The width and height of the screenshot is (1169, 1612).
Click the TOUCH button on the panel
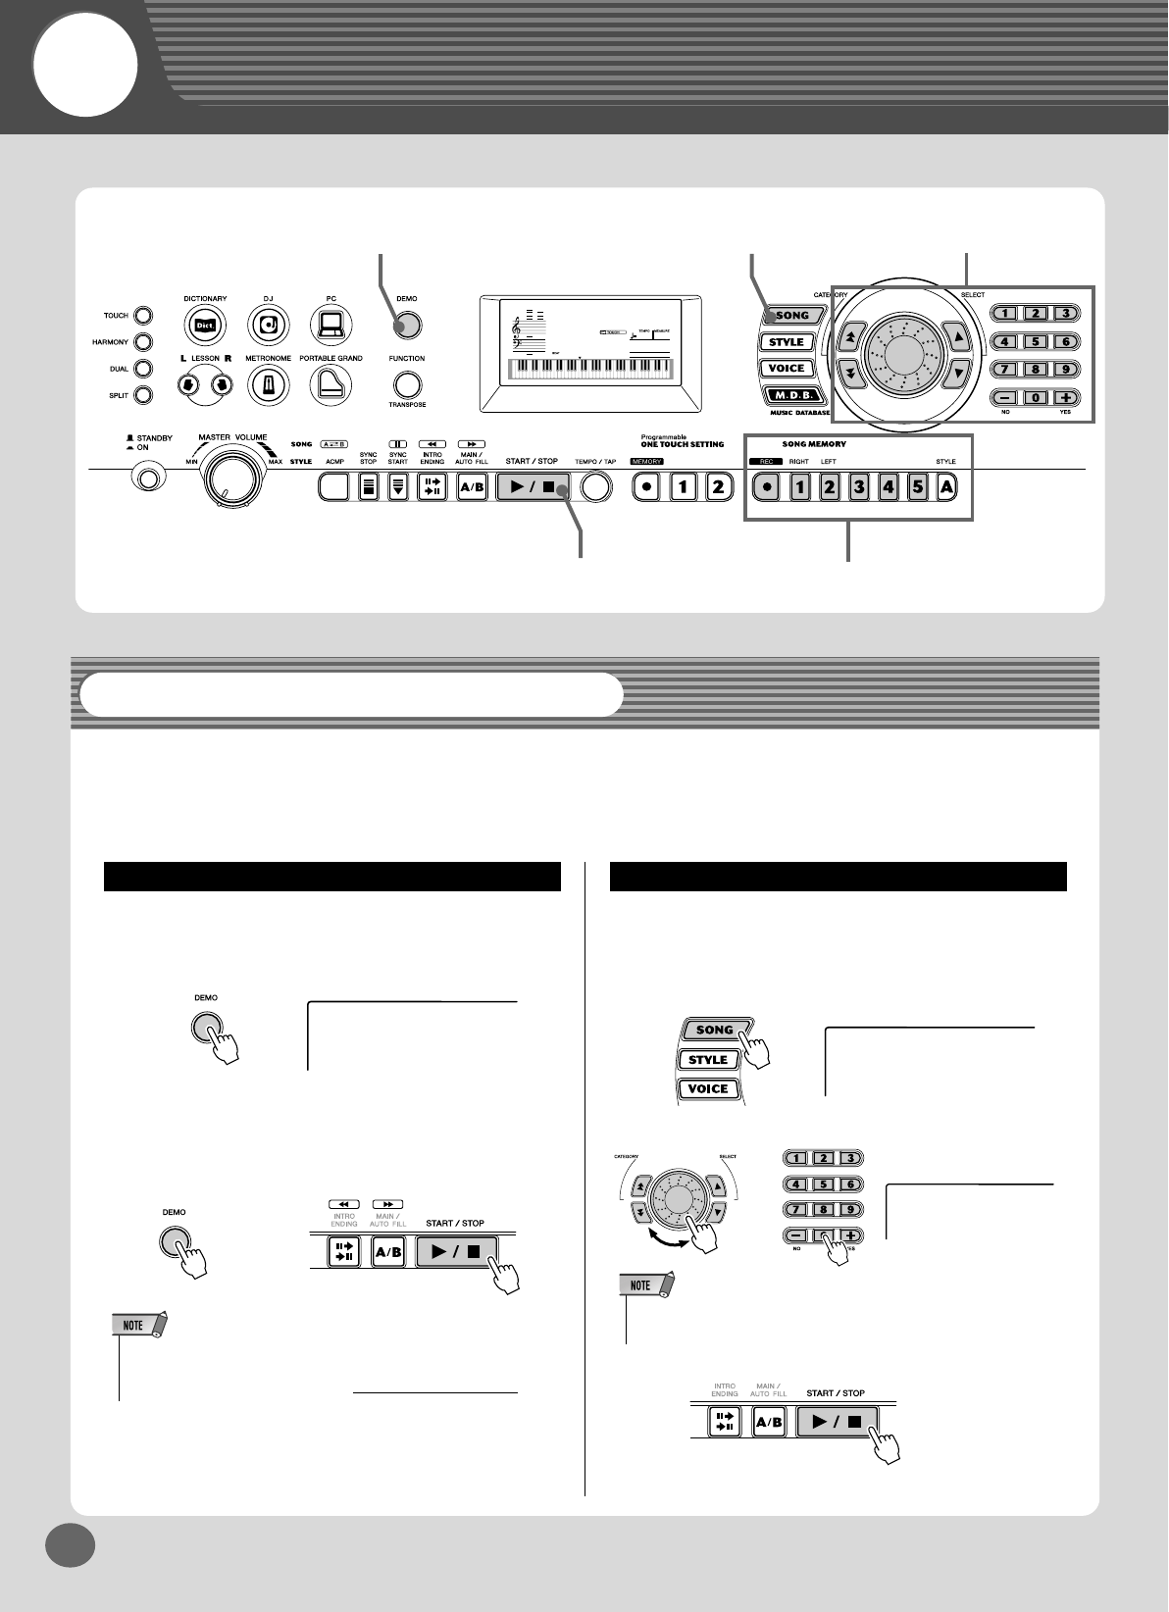pyautogui.click(x=144, y=316)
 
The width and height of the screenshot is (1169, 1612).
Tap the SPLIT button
pyautogui.click(x=144, y=395)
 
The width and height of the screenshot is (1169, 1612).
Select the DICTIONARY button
pyautogui.click(x=205, y=325)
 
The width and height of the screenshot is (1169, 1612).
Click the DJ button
pyautogui.click(x=267, y=325)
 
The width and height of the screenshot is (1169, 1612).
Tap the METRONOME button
pyautogui.click(x=267, y=385)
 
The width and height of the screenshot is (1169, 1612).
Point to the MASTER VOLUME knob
pyautogui.click(x=231, y=478)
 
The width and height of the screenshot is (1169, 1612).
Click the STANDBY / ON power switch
pyautogui.click(x=148, y=479)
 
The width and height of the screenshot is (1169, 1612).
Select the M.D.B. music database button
pyautogui.click(x=787, y=396)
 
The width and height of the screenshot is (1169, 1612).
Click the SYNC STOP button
pyautogui.click(x=368, y=486)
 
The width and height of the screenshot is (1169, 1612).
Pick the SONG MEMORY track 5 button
pyautogui.click(x=917, y=486)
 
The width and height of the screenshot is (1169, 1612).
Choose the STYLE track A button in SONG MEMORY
pyautogui.click(x=946, y=486)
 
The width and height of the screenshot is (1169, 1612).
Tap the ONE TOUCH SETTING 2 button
pyautogui.click(x=718, y=486)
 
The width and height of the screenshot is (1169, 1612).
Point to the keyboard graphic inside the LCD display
pyautogui.click(x=589, y=369)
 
